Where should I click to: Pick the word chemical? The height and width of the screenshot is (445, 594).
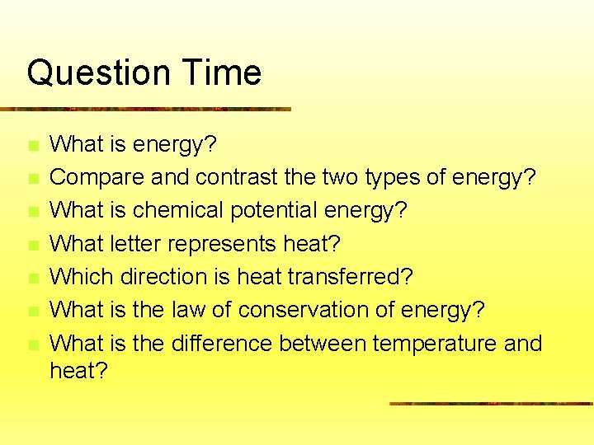[177, 210]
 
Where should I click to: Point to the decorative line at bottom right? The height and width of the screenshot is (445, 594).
[491, 404]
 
